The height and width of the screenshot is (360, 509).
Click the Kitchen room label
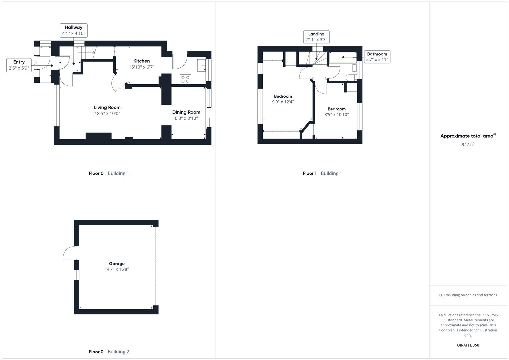coord(141,61)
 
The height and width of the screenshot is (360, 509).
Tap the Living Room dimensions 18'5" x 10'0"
coord(107,113)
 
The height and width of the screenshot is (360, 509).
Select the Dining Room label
coord(186,112)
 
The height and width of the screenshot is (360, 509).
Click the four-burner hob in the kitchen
coord(185,79)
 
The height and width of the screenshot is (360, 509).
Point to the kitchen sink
coord(201,66)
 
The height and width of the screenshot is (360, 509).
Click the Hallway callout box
coord(74,30)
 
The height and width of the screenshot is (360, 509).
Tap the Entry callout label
coord(19,62)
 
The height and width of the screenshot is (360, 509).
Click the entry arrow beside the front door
coord(34,63)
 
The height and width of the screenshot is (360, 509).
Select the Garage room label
coord(117,264)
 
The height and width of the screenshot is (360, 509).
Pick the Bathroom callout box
coord(377,57)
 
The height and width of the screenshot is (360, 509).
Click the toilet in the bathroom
coord(350,78)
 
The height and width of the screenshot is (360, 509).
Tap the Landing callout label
coord(316,34)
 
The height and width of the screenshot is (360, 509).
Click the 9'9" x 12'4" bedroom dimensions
coord(283,102)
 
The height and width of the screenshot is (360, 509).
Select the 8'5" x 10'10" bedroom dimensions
coord(337,115)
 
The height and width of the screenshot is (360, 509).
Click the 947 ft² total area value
coord(468,144)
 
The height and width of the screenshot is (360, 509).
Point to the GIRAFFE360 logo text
coord(468,345)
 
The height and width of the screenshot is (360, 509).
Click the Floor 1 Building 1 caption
coord(322,173)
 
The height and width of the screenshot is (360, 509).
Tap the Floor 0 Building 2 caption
coord(109,352)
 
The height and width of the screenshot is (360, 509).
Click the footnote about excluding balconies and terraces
coord(468,295)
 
